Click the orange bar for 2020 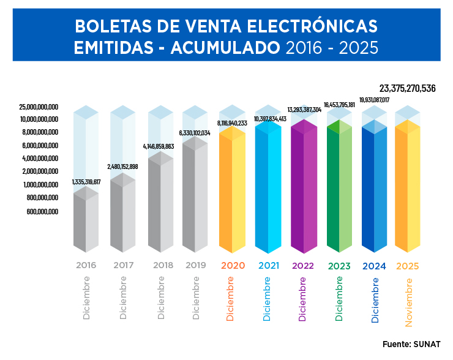233,190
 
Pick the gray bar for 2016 86,220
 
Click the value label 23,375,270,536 407,89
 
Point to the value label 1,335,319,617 86,182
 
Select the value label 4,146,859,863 159,146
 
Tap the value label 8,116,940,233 232,123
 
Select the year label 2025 408,266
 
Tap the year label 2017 124,266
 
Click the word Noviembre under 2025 409,299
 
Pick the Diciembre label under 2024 375,299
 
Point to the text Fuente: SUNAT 411,344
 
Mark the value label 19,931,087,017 374,100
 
